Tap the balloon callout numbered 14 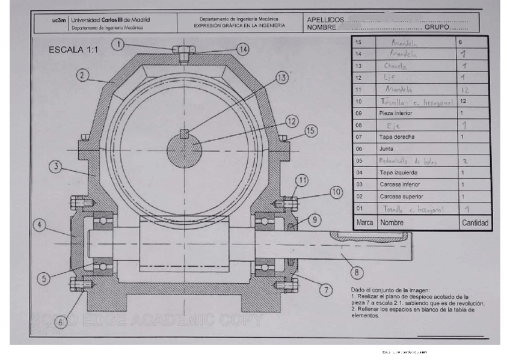pos(242,49)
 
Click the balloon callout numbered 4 pos(40,225)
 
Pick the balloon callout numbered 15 pos(310,130)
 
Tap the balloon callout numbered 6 pos(59,322)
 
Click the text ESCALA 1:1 pos(73,50)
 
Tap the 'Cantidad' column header pos(475,222)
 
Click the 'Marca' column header pos(365,222)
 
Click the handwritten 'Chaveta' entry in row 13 pos(396,66)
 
